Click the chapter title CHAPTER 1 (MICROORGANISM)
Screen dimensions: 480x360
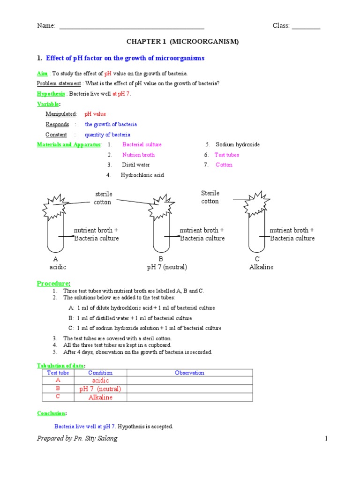tap(182, 42)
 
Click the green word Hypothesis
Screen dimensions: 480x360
tap(51, 94)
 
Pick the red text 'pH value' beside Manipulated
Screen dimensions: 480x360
tap(95, 114)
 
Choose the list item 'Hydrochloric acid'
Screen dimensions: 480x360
tap(142, 175)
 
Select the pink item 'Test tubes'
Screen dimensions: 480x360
tap(227, 155)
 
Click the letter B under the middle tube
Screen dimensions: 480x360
tap(161, 259)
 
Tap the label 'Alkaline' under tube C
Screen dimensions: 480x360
tap(261, 267)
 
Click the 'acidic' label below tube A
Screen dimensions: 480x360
tap(58, 267)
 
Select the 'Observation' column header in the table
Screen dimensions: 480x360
tap(189, 373)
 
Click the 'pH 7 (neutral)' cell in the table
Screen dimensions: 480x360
tap(100, 389)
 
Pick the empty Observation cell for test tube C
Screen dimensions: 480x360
tap(189, 397)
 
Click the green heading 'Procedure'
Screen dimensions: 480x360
tap(53, 284)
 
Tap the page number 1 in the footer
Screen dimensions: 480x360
tap(325, 439)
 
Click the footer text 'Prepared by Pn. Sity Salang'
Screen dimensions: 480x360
tap(77, 439)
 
